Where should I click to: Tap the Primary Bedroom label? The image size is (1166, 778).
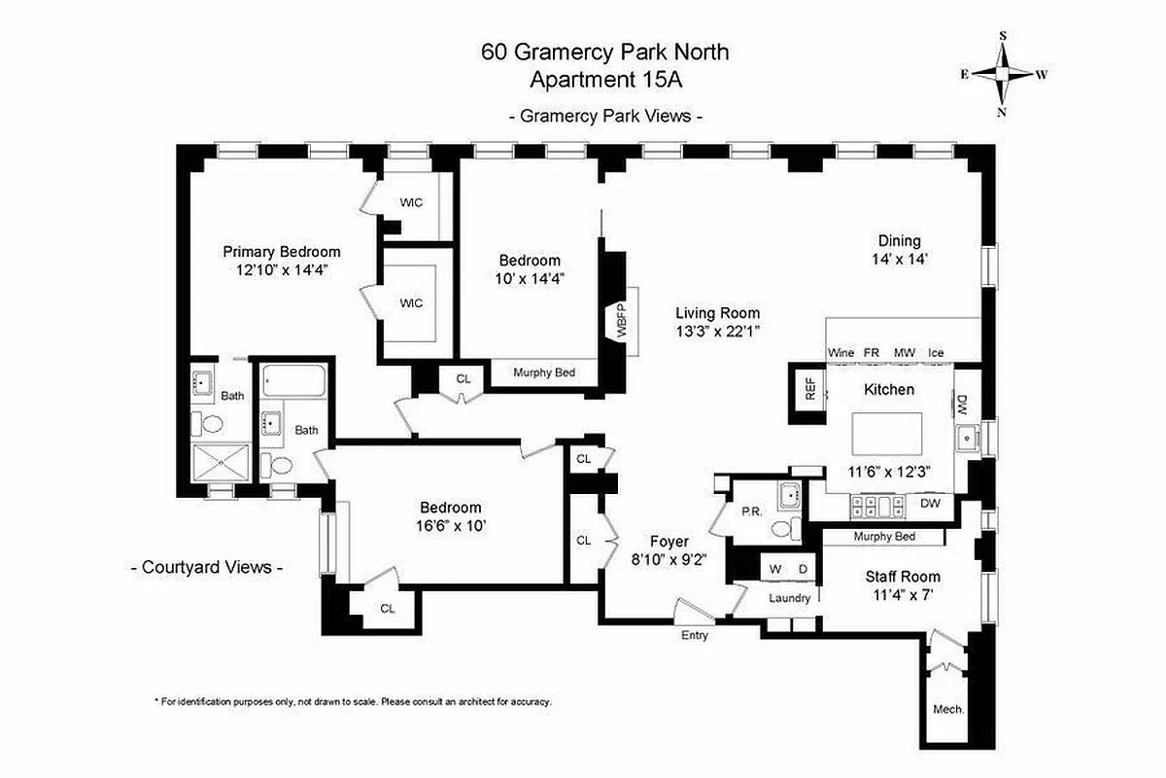point(282,251)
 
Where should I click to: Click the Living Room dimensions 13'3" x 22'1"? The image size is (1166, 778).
point(718,331)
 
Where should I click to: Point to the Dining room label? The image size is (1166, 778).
point(899,241)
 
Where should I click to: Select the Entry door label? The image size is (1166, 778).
point(694,635)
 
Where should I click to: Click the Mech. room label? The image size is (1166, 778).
point(947,709)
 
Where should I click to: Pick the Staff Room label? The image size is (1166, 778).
point(903,576)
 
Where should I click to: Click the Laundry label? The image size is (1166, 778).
point(789,598)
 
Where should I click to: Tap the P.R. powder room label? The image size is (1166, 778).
point(750,511)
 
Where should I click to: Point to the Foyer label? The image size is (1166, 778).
point(669,542)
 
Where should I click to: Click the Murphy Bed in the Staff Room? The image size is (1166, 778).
point(883,537)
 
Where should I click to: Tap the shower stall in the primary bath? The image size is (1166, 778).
point(223,464)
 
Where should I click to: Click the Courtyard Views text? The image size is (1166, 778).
point(207,567)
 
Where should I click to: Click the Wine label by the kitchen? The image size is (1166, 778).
point(840,352)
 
